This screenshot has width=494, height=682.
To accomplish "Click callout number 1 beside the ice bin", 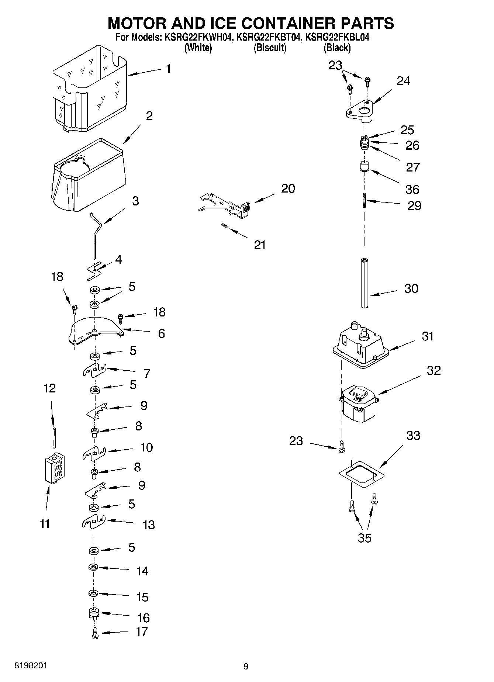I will click(x=168, y=69).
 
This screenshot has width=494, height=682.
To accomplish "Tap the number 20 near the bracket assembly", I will click(x=288, y=188).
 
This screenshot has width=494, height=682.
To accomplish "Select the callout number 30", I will click(x=411, y=288).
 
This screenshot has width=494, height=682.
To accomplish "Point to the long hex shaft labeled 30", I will click(x=365, y=283).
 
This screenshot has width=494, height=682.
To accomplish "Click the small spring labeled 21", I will click(x=224, y=226).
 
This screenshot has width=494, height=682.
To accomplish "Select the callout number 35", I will click(x=365, y=538).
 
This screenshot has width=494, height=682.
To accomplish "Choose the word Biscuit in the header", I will click(x=270, y=48).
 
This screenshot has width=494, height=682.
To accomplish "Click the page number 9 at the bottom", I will click(x=246, y=666).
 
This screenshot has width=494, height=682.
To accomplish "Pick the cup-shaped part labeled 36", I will click(x=365, y=166).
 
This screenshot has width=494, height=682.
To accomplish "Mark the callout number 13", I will click(x=148, y=525).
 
